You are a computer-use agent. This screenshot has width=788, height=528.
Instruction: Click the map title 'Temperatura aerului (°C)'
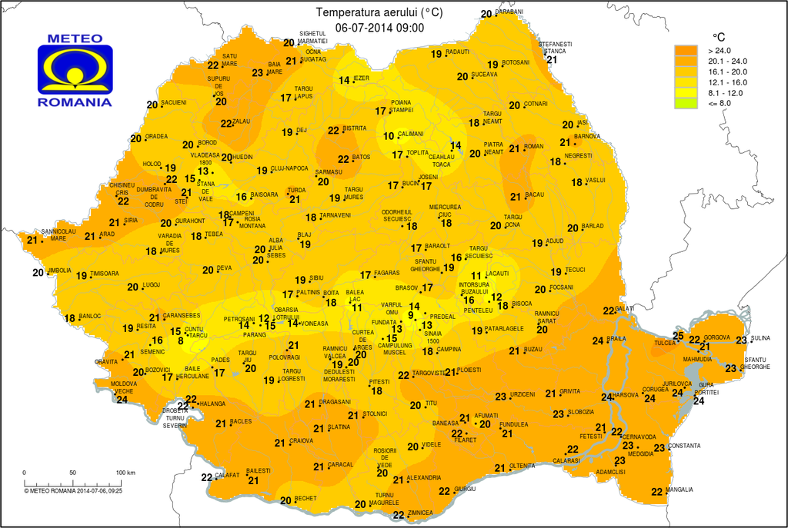click(x=379, y=13)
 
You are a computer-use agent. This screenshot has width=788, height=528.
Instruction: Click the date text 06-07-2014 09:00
click(x=379, y=28)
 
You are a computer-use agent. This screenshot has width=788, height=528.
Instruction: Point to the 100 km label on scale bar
click(x=125, y=472)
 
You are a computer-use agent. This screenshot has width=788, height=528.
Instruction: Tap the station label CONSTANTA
click(x=684, y=446)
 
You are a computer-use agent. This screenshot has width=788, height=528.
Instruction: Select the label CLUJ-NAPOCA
click(x=289, y=168)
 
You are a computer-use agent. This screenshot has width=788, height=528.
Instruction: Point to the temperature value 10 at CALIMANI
click(x=389, y=137)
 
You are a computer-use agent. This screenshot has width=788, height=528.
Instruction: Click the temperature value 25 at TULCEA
click(x=678, y=335)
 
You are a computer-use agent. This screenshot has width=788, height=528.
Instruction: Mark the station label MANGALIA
click(x=679, y=490)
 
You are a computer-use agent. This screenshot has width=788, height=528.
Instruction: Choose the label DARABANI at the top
click(x=509, y=12)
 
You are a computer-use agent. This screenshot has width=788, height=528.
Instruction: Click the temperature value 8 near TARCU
click(x=181, y=341)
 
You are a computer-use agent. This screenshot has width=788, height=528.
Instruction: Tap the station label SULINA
click(x=760, y=338)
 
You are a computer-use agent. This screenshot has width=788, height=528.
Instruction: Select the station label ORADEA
click(x=156, y=137)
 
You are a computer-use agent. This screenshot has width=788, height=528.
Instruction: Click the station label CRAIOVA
click(x=301, y=440)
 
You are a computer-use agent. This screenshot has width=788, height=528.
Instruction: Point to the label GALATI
click(x=626, y=308)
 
